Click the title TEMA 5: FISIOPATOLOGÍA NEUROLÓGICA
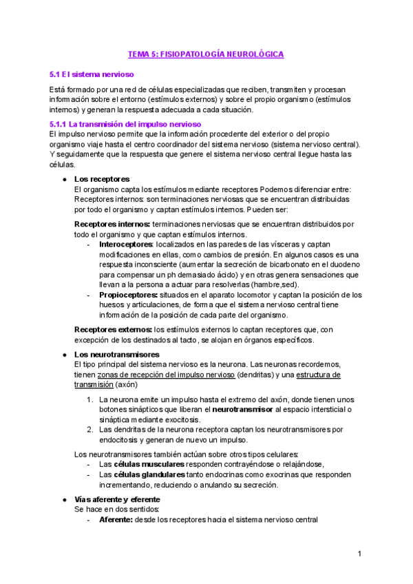click(x=206, y=54)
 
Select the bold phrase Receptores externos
click(x=112, y=330)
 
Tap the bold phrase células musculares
click(x=142, y=464)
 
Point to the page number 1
click(x=359, y=554)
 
